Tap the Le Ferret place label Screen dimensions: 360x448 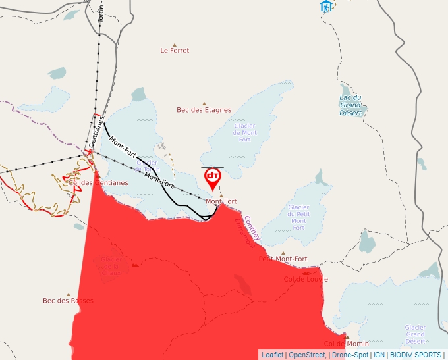click(175, 51)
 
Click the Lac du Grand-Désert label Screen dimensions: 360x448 click(350, 105)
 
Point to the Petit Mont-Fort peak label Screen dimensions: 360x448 click(283, 259)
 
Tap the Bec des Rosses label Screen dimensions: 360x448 click(68, 301)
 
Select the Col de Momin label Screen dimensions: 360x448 click(345, 344)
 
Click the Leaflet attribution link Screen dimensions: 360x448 click(272, 355)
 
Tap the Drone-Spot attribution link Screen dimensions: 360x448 click(350, 355)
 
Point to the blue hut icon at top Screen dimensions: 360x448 click(325, 7)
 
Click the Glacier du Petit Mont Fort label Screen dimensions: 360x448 click(298, 218)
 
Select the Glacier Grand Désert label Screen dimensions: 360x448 click(416, 334)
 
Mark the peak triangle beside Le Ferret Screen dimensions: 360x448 click(174, 41)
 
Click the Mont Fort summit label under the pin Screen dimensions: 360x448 click(221, 201)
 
